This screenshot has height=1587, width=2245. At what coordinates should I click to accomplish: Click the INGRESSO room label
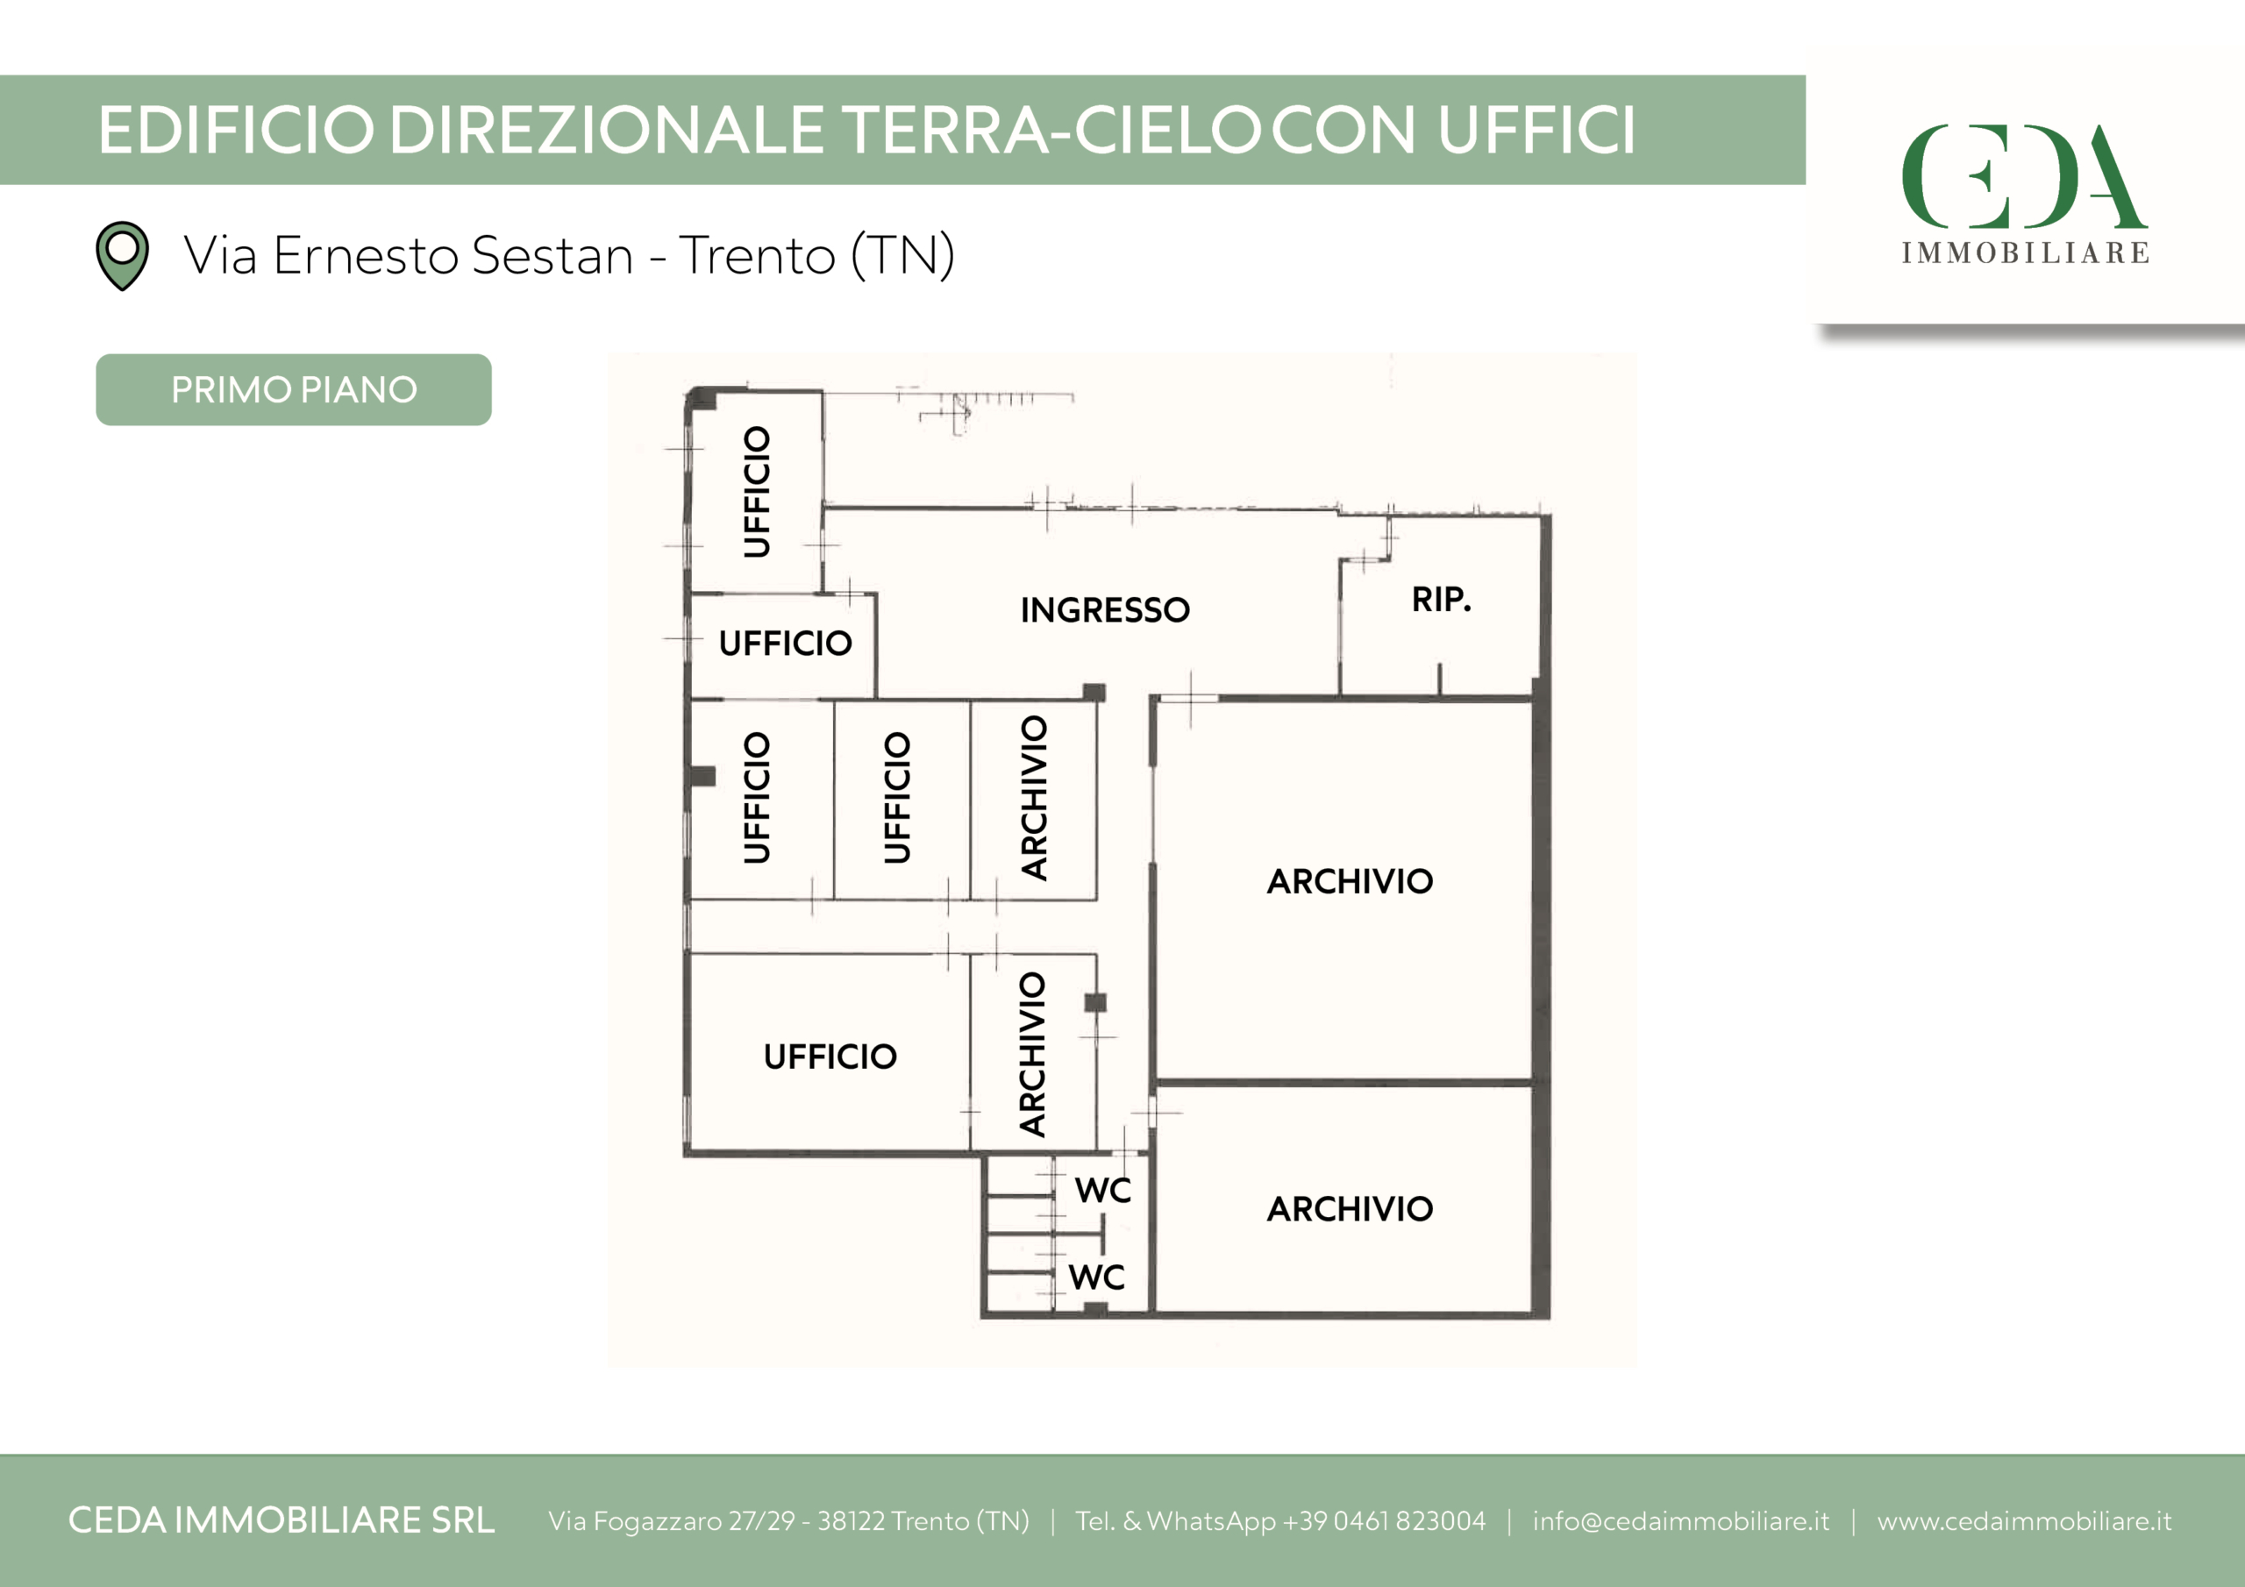pyautogui.click(x=1105, y=610)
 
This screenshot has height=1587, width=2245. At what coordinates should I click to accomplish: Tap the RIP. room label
pyautogui.click(x=1441, y=600)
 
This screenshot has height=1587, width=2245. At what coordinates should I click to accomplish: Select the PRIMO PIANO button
pyautogui.click(x=293, y=389)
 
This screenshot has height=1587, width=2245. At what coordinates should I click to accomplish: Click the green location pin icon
pyautogui.click(x=122, y=256)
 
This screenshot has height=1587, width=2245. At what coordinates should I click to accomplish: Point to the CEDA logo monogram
pyautogui.click(x=2024, y=176)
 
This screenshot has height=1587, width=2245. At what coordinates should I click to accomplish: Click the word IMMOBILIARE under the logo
pyautogui.click(x=2025, y=253)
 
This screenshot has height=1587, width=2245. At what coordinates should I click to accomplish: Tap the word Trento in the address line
pyautogui.click(x=758, y=256)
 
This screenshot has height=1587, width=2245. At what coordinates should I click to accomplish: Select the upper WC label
pyautogui.click(x=1103, y=1190)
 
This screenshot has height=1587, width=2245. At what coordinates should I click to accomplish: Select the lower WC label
pyautogui.click(x=1097, y=1277)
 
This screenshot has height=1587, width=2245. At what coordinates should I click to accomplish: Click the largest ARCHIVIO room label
pyautogui.click(x=1351, y=882)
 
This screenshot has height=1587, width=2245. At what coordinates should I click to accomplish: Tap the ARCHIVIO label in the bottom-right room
pyautogui.click(x=1351, y=1210)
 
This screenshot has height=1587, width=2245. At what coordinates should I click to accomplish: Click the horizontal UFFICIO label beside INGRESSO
pyautogui.click(x=785, y=644)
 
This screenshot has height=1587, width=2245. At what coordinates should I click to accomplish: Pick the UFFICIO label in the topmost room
pyautogui.click(x=757, y=492)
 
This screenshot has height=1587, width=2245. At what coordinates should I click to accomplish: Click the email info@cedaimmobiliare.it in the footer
pyautogui.click(x=1681, y=1521)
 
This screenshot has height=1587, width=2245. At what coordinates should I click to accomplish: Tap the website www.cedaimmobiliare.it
pyautogui.click(x=2024, y=1521)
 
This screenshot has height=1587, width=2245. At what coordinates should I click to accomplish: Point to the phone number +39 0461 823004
pyautogui.click(x=1385, y=1521)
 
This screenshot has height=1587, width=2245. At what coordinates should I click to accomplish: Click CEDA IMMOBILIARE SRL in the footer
pyautogui.click(x=282, y=1520)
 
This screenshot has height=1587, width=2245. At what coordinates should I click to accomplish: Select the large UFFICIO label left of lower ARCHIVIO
pyautogui.click(x=830, y=1057)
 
